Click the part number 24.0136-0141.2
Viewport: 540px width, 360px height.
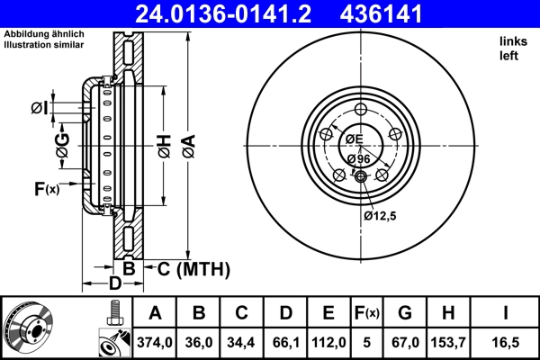[241, 14]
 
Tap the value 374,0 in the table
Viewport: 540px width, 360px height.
[154, 342]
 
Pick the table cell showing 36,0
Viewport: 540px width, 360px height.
[200, 342]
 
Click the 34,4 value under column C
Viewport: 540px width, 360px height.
[242, 342]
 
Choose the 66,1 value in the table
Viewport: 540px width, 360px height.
[286, 342]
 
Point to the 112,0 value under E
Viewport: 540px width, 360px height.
[329, 342]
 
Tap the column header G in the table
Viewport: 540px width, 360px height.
[405, 313]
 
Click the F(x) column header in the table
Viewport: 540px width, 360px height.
[367, 313]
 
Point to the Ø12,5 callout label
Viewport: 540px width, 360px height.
[381, 216]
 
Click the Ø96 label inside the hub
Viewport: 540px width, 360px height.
[358, 158]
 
